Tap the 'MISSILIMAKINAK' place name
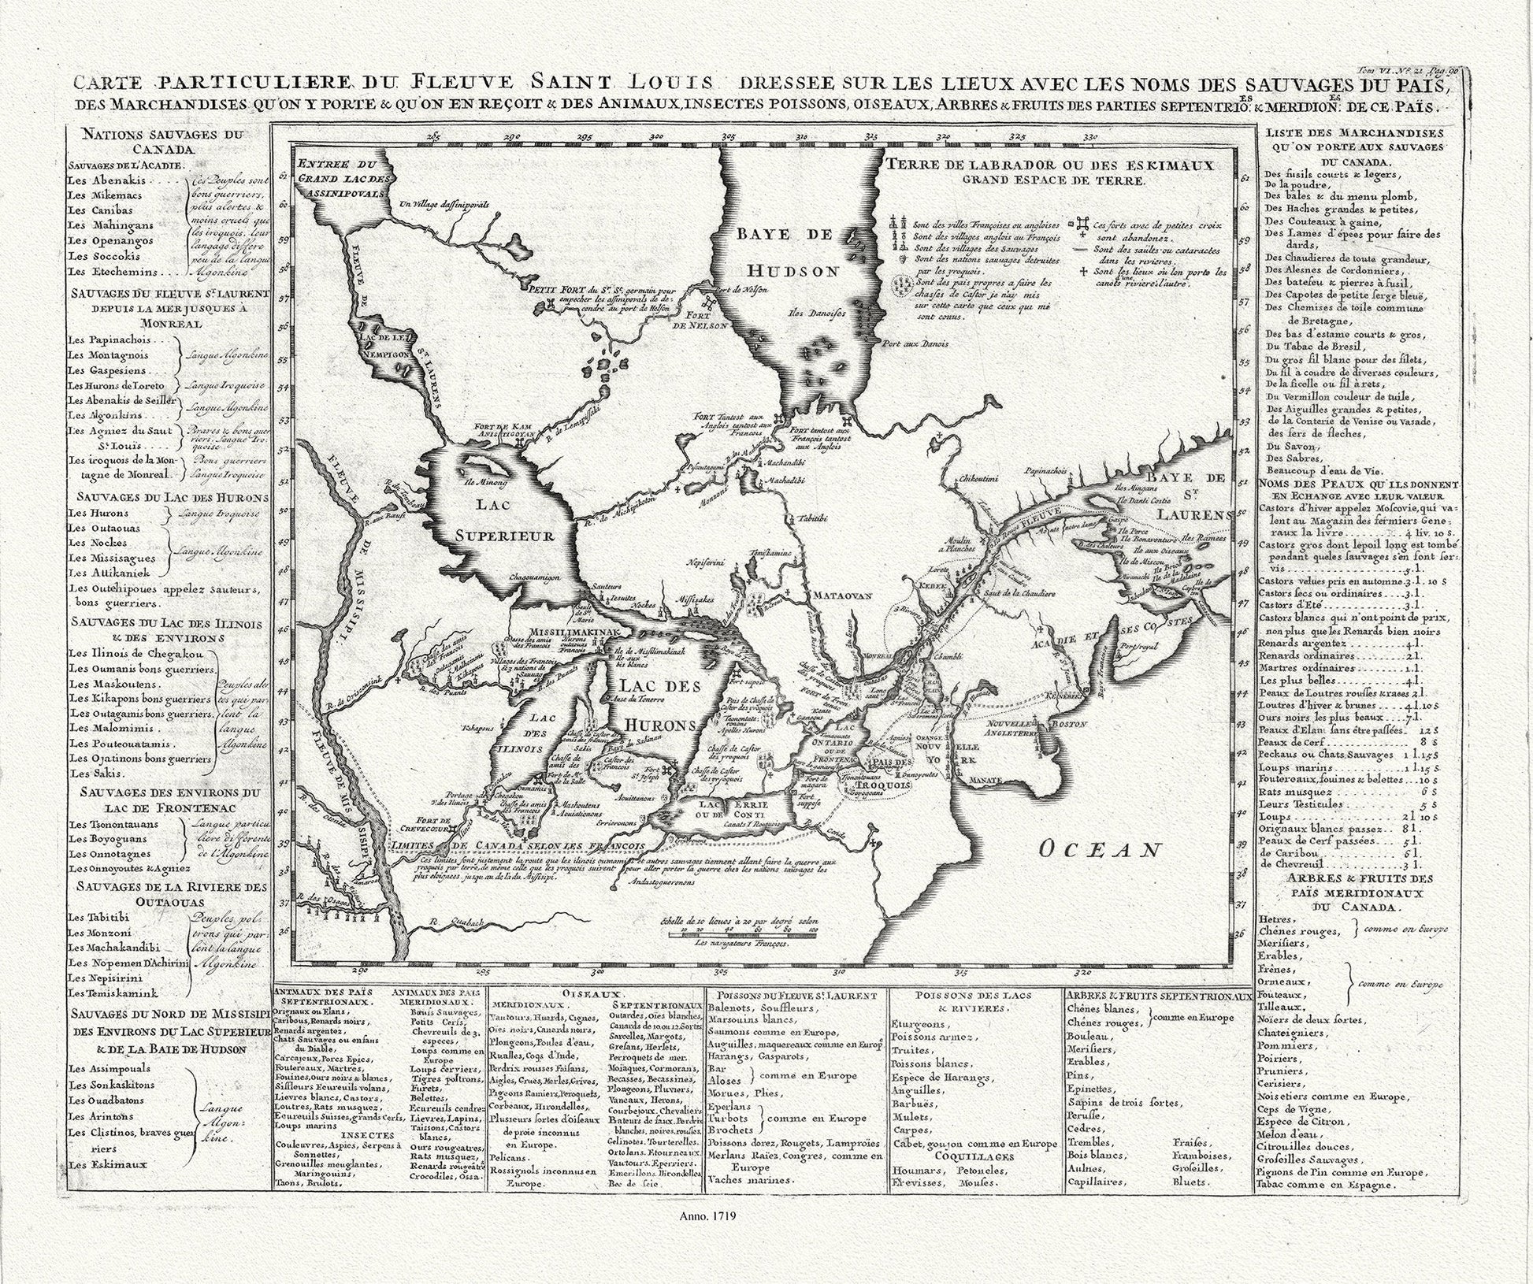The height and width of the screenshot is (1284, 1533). [566, 633]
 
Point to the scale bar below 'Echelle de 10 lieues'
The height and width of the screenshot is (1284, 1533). [741, 933]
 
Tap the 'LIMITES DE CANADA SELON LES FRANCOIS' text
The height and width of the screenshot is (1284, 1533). [523, 845]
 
